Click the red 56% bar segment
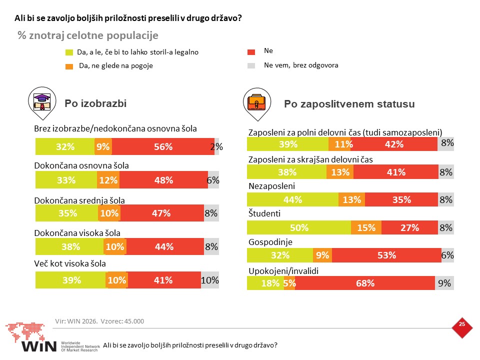tap(163, 146)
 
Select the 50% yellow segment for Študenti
tap(299, 227)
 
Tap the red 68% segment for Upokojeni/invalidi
tap(365, 283)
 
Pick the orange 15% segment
tap(366, 227)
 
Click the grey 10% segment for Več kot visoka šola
tap(210, 280)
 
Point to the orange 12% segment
tap(108, 179)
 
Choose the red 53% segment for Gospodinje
tap(386, 255)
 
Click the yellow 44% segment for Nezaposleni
tap(292, 199)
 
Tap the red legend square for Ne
tap(251, 52)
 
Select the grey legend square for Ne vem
tap(251, 65)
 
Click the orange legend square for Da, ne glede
tap(69, 66)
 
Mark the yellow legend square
tap(69, 52)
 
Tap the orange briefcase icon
tap(256, 102)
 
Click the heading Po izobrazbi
tap(95, 103)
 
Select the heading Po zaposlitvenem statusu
tap(349, 104)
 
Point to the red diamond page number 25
tap(462, 328)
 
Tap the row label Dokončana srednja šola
tap(79, 200)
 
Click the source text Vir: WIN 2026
tap(76, 321)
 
